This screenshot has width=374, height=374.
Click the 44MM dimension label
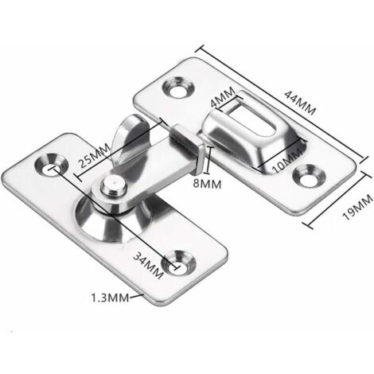[300, 103]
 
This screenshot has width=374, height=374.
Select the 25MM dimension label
[95, 156]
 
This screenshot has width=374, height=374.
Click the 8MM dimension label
[207, 184]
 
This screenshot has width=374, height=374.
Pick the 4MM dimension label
[223, 97]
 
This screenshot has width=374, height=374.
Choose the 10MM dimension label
[287, 161]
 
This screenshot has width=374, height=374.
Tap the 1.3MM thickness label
[110, 298]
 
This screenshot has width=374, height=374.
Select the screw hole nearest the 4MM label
[178, 88]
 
